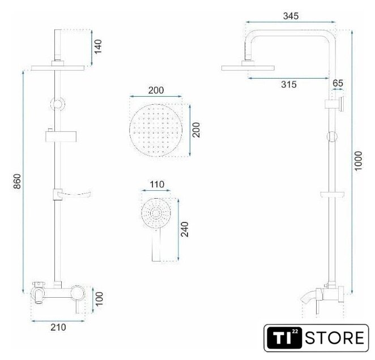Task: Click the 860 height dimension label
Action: click(17, 182)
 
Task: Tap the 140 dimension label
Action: click(98, 46)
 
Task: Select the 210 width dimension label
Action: click(58, 327)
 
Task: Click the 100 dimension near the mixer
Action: click(99, 299)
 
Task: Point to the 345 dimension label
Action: click(291, 16)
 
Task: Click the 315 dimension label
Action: click(289, 84)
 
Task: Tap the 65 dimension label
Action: click(338, 83)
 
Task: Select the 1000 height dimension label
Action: click(358, 161)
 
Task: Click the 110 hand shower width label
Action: click(157, 185)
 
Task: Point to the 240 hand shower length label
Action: click(185, 229)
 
